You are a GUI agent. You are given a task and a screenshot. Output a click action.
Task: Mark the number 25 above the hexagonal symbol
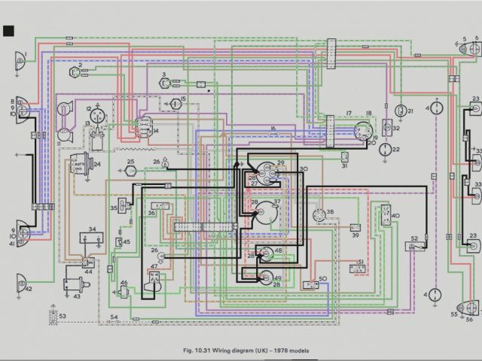pyautogui.click(x=130, y=161)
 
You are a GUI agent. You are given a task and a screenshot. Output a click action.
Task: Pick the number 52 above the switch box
pyautogui.click(x=413, y=238)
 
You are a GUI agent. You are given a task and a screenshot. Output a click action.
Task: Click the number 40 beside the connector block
pyautogui.click(x=395, y=216)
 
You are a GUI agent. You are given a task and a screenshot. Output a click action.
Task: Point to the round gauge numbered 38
pyautogui.click(x=319, y=214)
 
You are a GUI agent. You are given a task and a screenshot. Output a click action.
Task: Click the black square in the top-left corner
pyautogui.click(x=9, y=31)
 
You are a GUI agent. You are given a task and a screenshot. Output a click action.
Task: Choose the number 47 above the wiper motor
pyautogui.click(x=154, y=266)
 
